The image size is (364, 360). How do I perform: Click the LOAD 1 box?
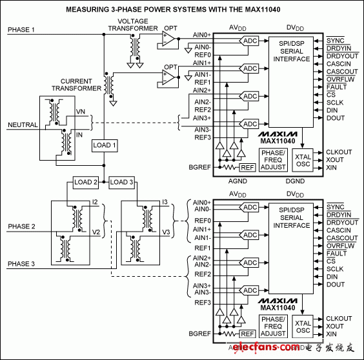click(105, 145)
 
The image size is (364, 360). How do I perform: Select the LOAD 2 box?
click(86, 182)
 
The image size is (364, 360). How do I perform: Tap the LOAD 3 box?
click(123, 182)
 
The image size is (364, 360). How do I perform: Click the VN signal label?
click(81, 112)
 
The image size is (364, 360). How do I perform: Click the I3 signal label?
click(165, 203)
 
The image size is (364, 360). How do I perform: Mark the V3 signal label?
click(166, 233)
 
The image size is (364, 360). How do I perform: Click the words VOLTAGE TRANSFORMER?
click(132, 25)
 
